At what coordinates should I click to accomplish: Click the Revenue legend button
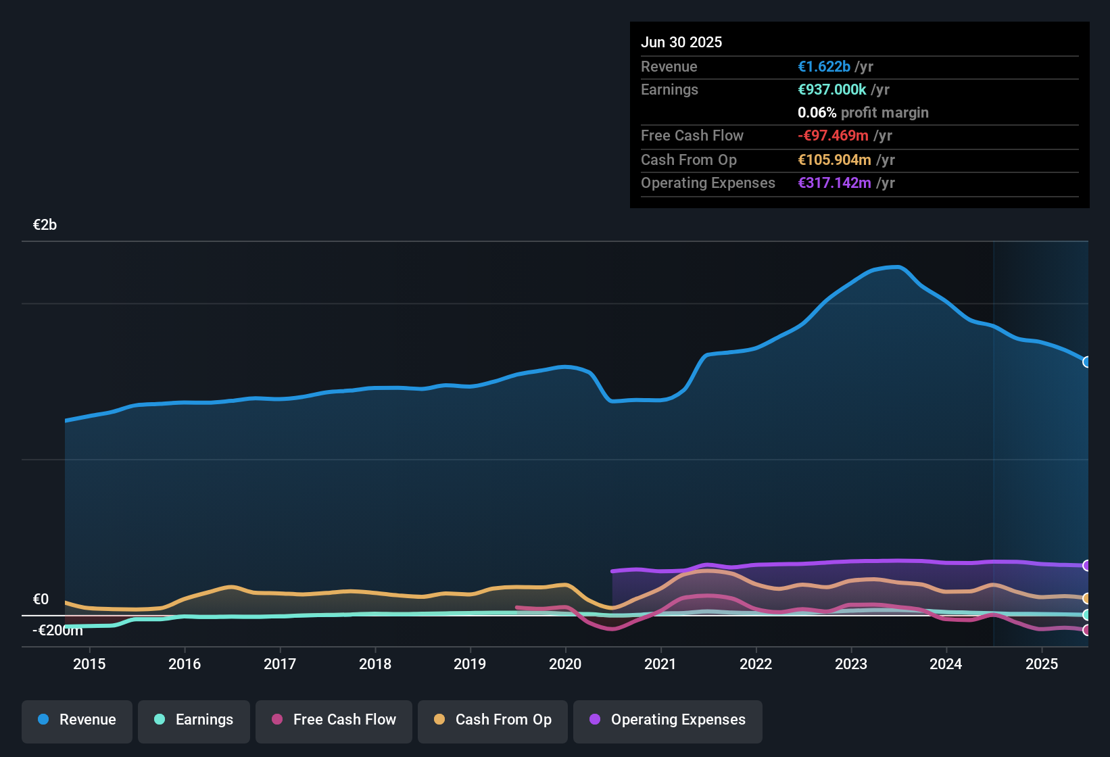tap(77, 720)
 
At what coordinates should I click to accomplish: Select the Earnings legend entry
tap(194, 720)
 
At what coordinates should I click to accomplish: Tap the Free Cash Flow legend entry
tap(334, 720)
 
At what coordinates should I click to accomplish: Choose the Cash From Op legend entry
tap(493, 720)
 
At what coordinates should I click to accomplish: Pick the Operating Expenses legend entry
tap(668, 720)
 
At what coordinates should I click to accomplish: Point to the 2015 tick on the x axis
tap(89, 664)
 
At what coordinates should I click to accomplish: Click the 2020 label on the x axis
tap(565, 664)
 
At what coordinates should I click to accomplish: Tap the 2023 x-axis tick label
tap(851, 664)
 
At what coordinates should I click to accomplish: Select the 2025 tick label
tap(1042, 664)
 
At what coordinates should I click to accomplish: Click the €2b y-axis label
tap(45, 225)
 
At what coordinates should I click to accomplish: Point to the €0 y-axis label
tap(41, 600)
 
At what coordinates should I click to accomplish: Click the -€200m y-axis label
tap(57, 631)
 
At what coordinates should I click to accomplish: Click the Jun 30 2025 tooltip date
tap(681, 42)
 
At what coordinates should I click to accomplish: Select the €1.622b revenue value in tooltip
tap(824, 67)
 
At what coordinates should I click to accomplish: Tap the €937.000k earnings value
tap(832, 90)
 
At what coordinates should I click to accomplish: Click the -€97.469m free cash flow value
tap(833, 136)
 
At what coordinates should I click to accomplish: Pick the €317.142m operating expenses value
tap(834, 183)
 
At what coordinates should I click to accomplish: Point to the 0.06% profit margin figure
tap(817, 113)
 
